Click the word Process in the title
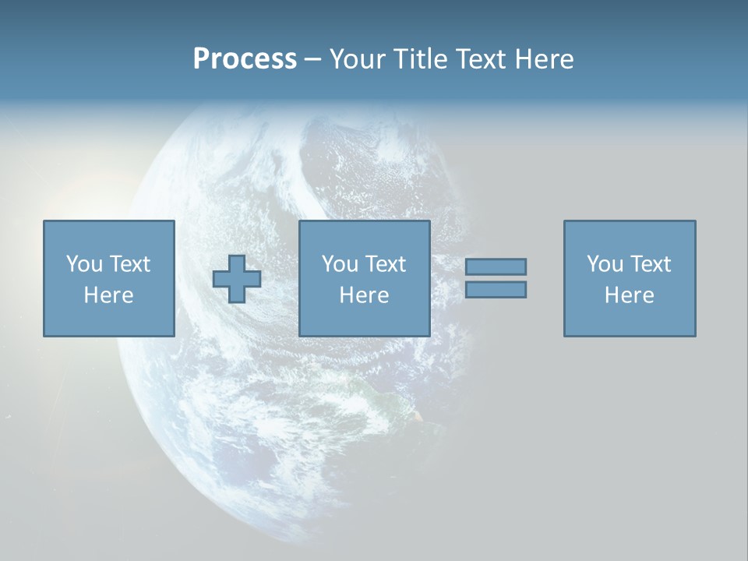pyautogui.click(x=245, y=59)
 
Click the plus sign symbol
pyautogui.click(x=237, y=279)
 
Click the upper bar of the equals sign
pyautogui.click(x=496, y=266)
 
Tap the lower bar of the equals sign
pyautogui.click(x=496, y=289)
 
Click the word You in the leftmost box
pyautogui.click(x=84, y=264)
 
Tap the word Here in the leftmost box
pyautogui.click(x=108, y=295)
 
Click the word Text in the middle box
pyautogui.click(x=385, y=264)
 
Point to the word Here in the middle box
pyautogui.click(x=364, y=295)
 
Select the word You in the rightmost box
pyautogui.click(x=605, y=264)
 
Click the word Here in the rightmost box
pyautogui.click(x=629, y=295)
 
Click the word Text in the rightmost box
pyautogui.click(x=650, y=264)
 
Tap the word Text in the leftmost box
pyautogui.click(x=129, y=264)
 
